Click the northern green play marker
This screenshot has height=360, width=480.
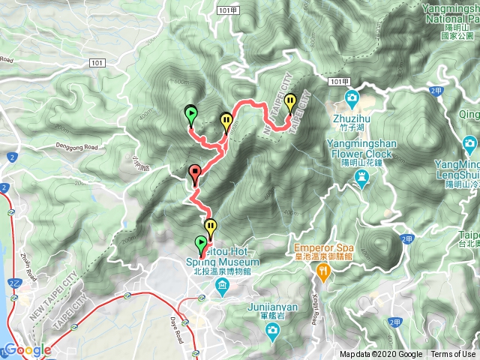click(x=190, y=114)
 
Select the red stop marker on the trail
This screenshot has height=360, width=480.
click(x=195, y=172)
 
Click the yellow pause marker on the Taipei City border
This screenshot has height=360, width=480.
click(x=289, y=102)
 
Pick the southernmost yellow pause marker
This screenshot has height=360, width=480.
click(x=211, y=226)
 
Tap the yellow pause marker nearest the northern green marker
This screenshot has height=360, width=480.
click(x=226, y=120)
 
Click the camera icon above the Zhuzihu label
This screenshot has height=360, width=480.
click(x=352, y=98)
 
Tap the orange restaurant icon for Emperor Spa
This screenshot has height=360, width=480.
click(x=323, y=274)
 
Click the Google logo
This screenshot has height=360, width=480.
click(x=27, y=349)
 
